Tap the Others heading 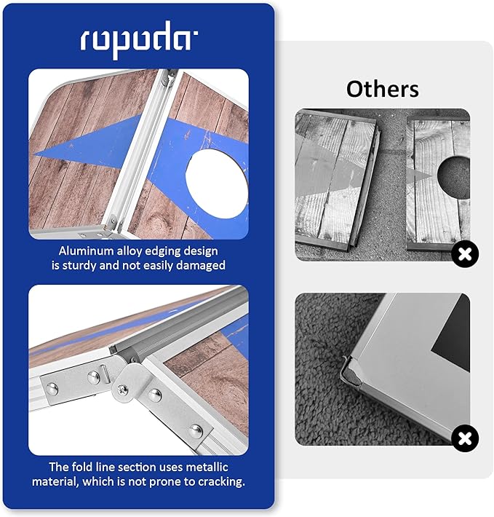tap(382, 89)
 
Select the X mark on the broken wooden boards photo tap(464, 254)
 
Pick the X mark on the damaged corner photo tap(464, 439)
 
